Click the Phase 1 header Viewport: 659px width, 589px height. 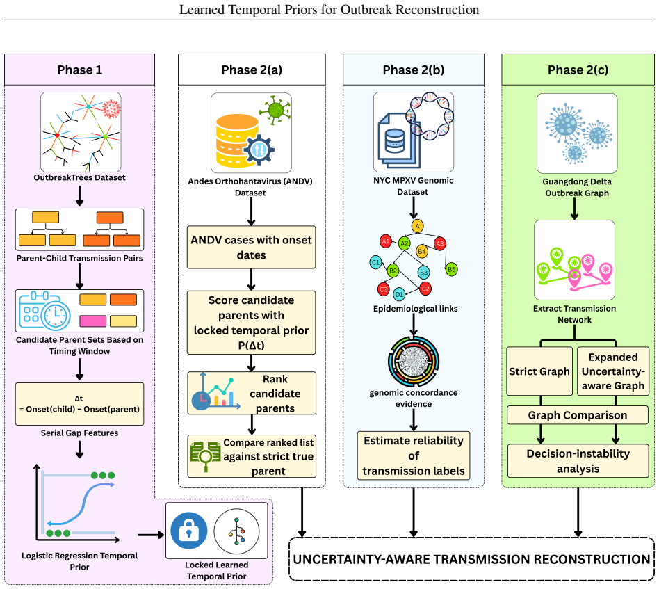click(79, 70)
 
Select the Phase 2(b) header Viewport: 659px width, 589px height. click(414, 70)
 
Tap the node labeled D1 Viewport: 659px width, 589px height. click(399, 294)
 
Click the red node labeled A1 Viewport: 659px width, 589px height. click(385, 241)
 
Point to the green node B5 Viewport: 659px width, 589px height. click(451, 270)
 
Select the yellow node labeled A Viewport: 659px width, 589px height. click(417, 226)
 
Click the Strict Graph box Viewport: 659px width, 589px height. click(539, 371)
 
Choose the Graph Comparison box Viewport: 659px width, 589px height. click(578, 415)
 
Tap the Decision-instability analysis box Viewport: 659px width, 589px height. click(578, 461)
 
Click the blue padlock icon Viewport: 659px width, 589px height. click(189, 531)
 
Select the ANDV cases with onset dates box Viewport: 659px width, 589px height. click(252, 247)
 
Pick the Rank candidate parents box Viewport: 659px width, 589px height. click(252, 393)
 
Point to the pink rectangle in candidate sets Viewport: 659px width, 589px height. click(93, 321)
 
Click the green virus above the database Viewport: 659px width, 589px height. click(275, 110)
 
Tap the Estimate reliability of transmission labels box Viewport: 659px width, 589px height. click(414, 455)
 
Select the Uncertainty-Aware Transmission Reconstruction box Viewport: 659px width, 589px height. click(471, 559)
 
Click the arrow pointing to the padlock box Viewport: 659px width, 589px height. click(150, 535)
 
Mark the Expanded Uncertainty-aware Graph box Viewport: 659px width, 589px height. click(613, 371)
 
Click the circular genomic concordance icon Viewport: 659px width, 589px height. click(414, 361)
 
